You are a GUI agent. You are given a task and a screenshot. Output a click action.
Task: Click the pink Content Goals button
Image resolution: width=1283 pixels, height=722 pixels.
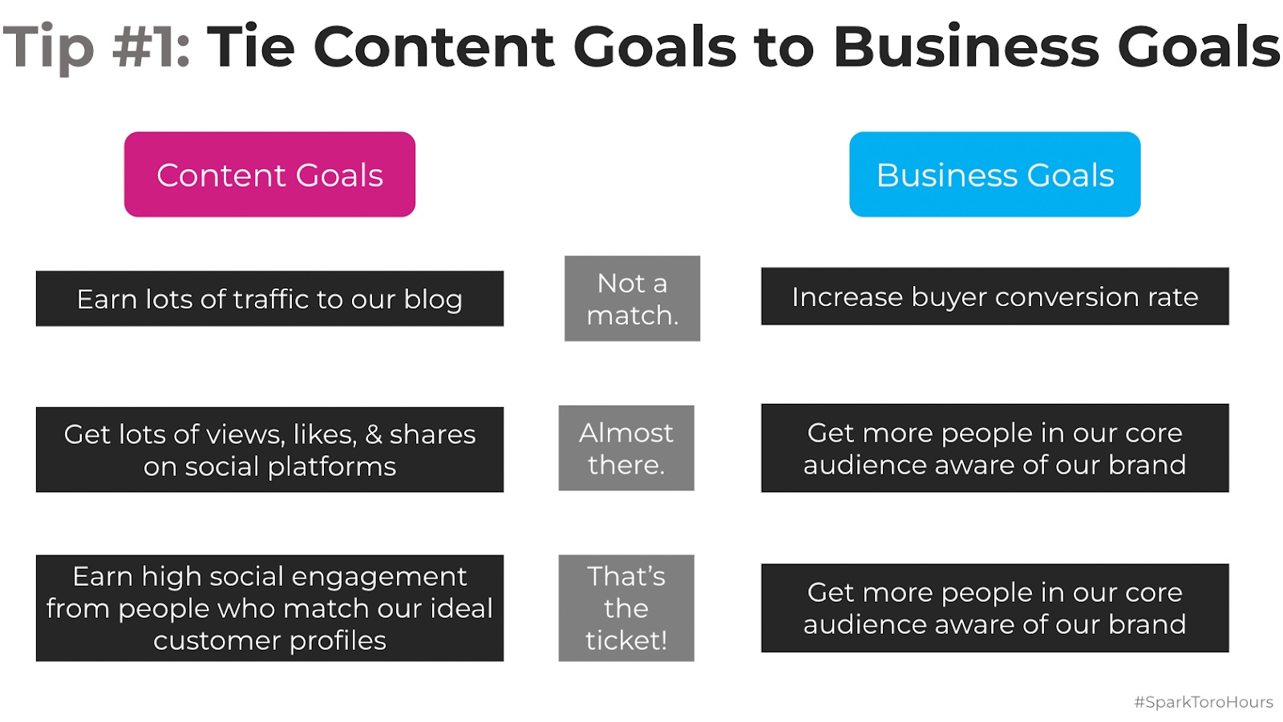269,175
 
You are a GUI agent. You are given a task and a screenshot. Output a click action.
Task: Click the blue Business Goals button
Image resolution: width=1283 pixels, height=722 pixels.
994,175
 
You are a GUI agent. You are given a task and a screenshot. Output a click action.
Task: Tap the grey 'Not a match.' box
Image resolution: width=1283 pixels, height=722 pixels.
632,298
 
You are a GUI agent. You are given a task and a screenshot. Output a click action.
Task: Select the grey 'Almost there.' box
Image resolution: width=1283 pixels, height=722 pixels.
625,448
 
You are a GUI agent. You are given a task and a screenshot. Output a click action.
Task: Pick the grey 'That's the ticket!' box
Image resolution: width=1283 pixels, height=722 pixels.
625,607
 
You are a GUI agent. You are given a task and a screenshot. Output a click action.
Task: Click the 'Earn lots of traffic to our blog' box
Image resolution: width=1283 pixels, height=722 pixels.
269,298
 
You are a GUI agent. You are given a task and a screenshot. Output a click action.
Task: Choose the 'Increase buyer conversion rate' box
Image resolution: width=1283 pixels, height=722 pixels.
994,296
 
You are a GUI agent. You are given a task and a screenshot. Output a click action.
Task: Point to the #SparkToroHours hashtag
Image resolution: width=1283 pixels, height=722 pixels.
1203,702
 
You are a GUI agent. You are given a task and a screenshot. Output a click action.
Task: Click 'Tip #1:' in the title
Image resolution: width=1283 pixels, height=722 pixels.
96,46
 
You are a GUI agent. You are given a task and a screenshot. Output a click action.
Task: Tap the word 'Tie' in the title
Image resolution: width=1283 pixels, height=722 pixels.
250,46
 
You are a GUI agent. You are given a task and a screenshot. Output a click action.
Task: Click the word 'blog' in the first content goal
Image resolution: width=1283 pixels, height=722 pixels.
433,299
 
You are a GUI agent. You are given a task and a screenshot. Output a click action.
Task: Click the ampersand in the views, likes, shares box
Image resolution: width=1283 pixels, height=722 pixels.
374,434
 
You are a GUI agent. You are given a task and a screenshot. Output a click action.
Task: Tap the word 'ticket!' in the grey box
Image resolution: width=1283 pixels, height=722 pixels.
625,640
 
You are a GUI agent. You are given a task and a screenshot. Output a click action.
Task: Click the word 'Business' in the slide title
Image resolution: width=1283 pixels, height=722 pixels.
966,46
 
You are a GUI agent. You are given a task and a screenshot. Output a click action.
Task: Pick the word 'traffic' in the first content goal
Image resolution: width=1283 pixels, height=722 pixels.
270,299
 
